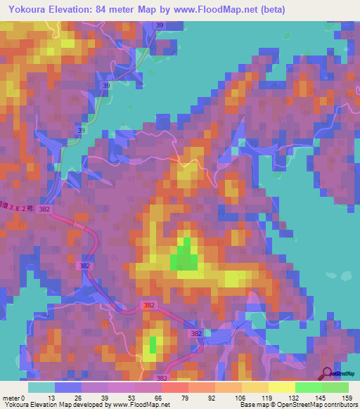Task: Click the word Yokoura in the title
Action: pos(28,10)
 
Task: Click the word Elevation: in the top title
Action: pos(81,10)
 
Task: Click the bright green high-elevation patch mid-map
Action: pos(184,255)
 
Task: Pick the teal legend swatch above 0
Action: pos(41,387)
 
